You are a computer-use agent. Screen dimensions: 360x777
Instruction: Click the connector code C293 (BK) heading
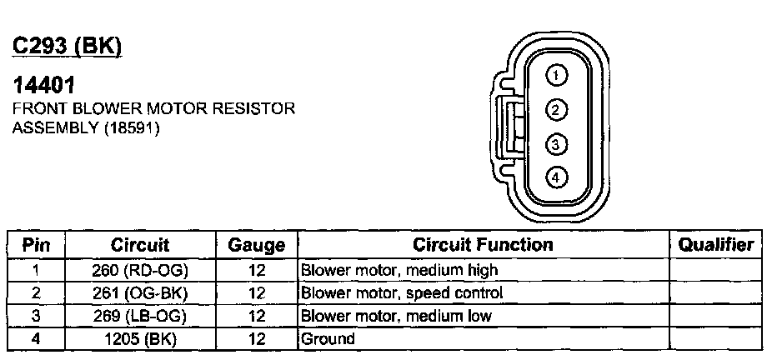coord(67,47)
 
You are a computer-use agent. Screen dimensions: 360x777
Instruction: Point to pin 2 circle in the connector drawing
coord(556,110)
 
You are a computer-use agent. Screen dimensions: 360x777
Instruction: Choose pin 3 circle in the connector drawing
coord(556,144)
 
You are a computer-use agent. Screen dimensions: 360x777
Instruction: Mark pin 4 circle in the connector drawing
coord(556,177)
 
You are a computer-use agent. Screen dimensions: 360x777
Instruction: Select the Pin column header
coord(36,245)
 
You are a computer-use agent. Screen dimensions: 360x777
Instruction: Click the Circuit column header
coord(139,245)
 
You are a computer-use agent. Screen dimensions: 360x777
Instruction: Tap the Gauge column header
coord(256,246)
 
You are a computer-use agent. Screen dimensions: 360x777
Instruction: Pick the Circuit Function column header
coord(484,245)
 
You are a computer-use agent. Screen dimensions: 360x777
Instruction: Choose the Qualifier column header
coord(716,245)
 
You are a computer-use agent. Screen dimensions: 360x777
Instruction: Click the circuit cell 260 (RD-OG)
coord(139,270)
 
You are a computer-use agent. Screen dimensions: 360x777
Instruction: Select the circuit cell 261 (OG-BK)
coord(139,293)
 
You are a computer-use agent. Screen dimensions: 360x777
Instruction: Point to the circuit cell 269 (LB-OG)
coord(139,316)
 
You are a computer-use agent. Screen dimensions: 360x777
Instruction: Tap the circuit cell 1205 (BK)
coord(139,339)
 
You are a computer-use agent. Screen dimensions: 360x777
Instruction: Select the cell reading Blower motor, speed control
coord(401,293)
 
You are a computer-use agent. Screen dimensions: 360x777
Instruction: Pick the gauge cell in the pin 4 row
coord(256,339)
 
